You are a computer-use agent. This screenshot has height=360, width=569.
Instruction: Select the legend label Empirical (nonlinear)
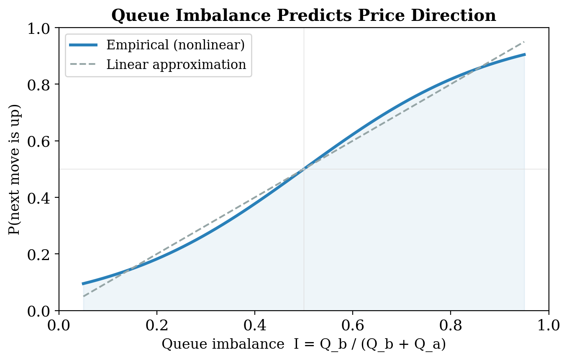[175, 45]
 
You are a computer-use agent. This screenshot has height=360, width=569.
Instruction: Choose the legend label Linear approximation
[176, 65]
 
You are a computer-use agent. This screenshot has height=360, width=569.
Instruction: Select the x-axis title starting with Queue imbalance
[303, 344]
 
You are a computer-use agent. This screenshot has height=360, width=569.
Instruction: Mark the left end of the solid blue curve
[83, 283]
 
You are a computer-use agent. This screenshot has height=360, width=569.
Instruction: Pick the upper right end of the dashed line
[524, 42]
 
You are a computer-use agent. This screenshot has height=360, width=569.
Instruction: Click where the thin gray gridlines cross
[304, 169]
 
